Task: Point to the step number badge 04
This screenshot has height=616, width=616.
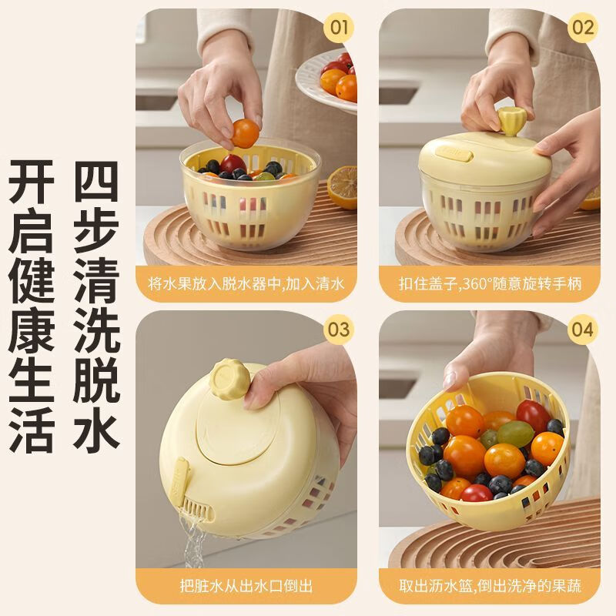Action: tap(582, 330)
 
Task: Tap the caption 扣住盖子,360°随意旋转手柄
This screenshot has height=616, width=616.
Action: tap(489, 283)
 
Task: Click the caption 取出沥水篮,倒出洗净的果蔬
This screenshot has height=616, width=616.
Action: tap(489, 587)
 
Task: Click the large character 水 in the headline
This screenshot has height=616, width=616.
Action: tap(98, 423)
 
